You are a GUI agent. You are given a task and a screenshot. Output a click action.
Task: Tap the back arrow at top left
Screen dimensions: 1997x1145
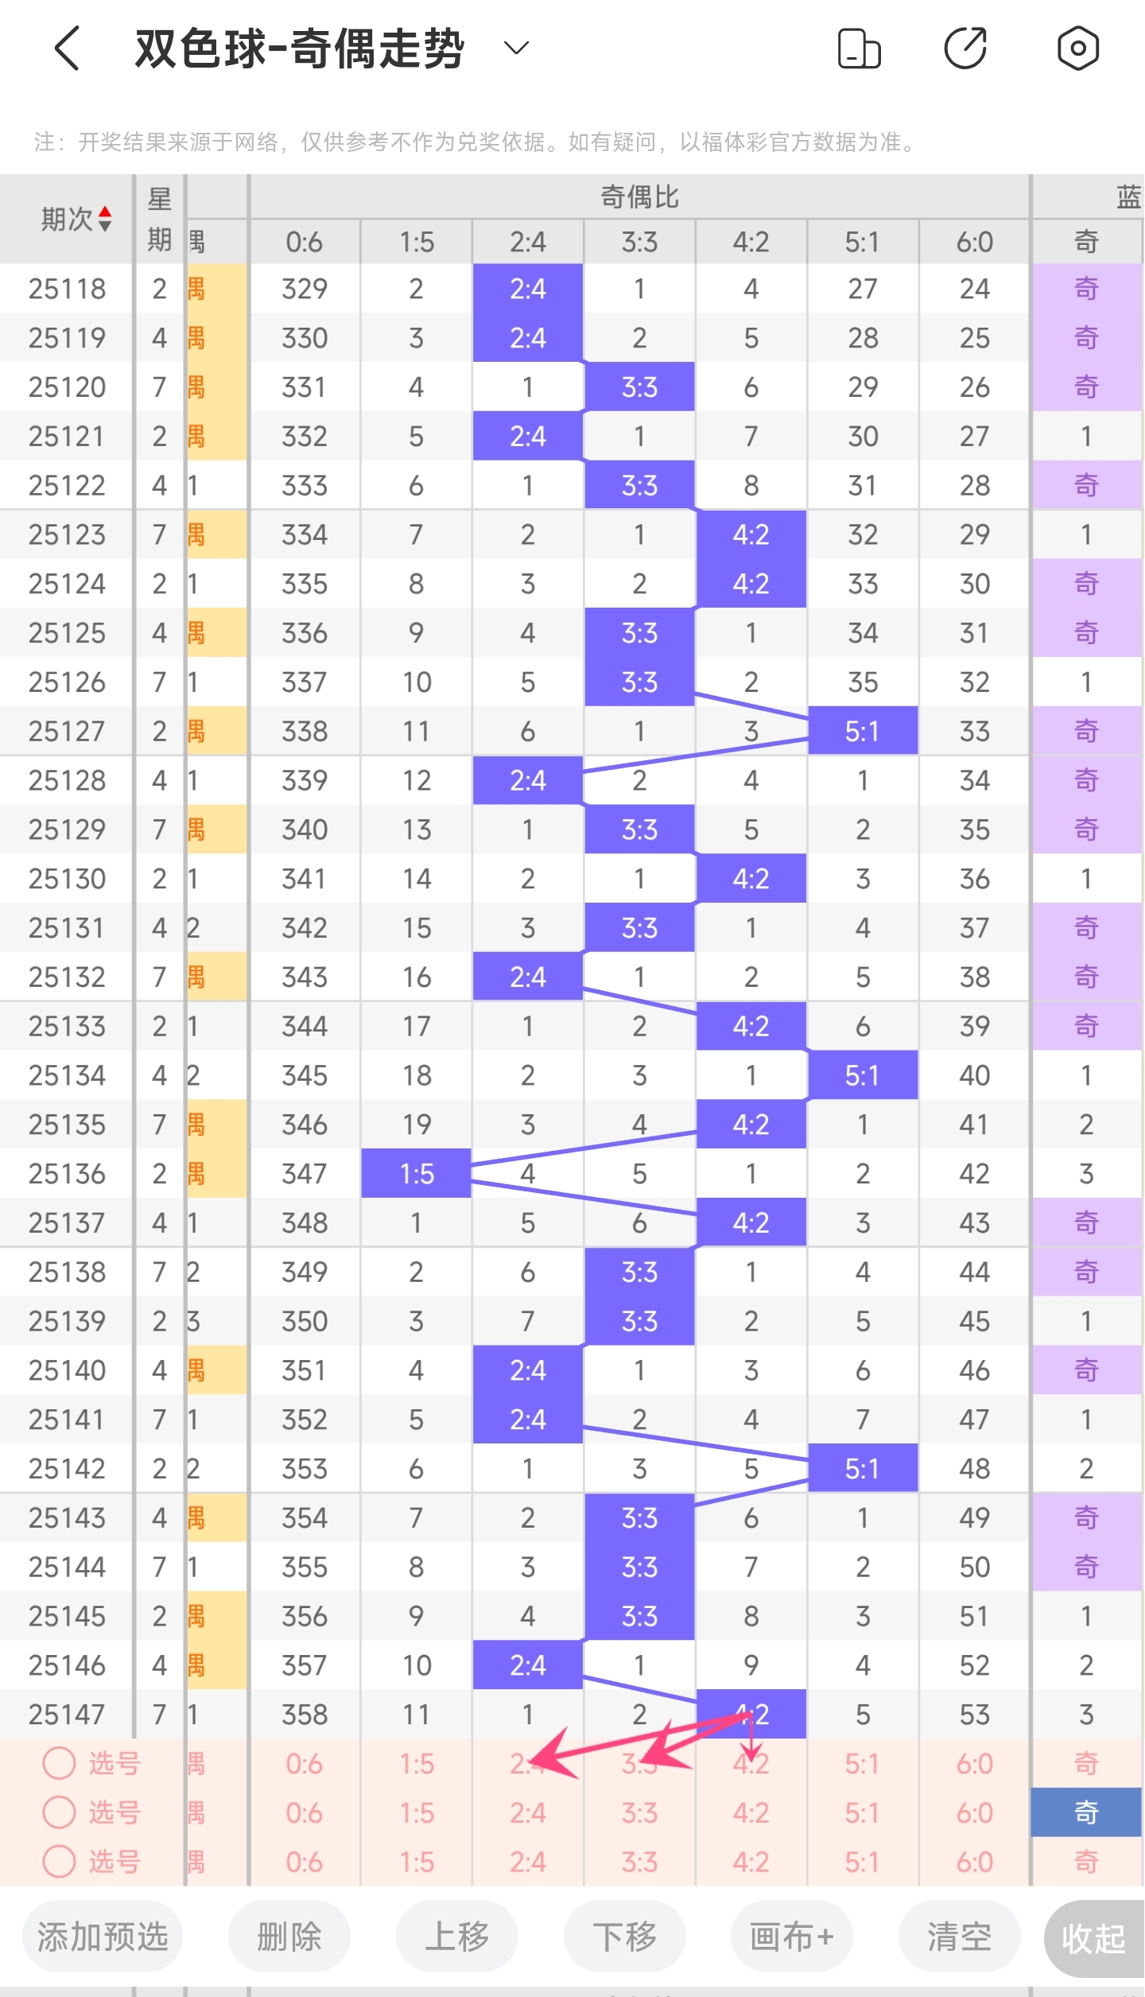coord(68,49)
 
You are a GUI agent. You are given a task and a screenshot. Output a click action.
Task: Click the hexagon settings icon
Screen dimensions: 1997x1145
coord(1077,49)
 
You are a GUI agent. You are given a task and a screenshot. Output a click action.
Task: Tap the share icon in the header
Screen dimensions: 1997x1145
coord(965,49)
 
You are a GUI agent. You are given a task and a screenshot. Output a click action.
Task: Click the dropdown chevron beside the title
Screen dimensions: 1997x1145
coord(517,49)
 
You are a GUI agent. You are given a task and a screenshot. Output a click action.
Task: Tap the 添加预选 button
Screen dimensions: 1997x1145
coord(103,1937)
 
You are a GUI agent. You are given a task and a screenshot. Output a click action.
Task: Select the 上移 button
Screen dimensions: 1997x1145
coord(456,1937)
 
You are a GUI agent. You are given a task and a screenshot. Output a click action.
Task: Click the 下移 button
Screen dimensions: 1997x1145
coord(624,1937)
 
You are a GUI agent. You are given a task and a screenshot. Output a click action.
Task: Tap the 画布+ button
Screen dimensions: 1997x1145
coord(792,1937)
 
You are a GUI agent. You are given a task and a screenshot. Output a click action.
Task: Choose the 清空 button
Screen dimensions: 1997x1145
coord(959,1937)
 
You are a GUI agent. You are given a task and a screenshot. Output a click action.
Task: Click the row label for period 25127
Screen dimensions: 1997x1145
coord(67,731)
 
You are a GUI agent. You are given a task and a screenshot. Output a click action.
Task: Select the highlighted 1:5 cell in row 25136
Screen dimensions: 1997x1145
coord(417,1173)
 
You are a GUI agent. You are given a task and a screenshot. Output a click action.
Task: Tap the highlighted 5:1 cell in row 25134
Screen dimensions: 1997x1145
coord(863,1075)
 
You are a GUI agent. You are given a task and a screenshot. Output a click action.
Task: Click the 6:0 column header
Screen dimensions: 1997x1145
coord(974,242)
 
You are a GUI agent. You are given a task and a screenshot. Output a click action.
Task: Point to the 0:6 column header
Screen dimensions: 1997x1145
coord(305,242)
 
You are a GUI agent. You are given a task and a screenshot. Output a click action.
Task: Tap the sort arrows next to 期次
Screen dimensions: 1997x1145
coord(105,219)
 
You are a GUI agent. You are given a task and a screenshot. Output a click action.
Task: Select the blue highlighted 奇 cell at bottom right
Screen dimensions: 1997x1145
coord(1086,1812)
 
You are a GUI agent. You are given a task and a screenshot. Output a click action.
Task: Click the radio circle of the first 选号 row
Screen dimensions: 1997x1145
coord(59,1763)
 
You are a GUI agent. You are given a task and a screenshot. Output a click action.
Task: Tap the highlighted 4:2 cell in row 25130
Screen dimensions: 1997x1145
coord(751,879)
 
